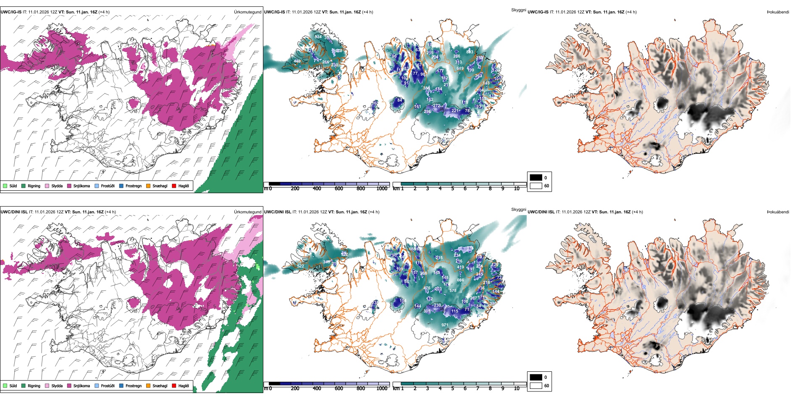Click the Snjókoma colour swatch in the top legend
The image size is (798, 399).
click(69, 186)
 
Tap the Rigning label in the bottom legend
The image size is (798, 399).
click(34, 386)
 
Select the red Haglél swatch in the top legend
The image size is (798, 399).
click(174, 186)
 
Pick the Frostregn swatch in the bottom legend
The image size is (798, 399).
click(121, 386)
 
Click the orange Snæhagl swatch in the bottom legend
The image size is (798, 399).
click(148, 386)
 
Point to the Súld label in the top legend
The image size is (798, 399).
click(13, 186)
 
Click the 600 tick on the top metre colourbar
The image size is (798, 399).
click(339, 189)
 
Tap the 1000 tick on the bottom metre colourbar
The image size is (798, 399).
click(382, 388)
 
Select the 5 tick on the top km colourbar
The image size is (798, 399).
click(452, 189)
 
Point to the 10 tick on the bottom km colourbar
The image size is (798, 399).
click(517, 388)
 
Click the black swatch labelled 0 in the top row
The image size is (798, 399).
click(536, 178)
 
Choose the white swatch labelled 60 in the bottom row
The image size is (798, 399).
click(536, 386)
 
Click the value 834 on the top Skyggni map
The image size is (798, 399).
click(318, 37)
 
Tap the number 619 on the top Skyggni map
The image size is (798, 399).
click(460, 68)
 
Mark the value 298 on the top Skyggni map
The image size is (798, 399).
click(428, 111)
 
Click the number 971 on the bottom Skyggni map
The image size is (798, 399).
click(445, 325)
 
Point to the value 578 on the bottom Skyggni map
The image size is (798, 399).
click(453, 290)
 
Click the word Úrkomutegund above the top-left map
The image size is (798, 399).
click(247, 12)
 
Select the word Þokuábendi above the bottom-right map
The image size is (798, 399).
click(778, 212)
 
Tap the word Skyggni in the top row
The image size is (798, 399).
click(518, 10)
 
